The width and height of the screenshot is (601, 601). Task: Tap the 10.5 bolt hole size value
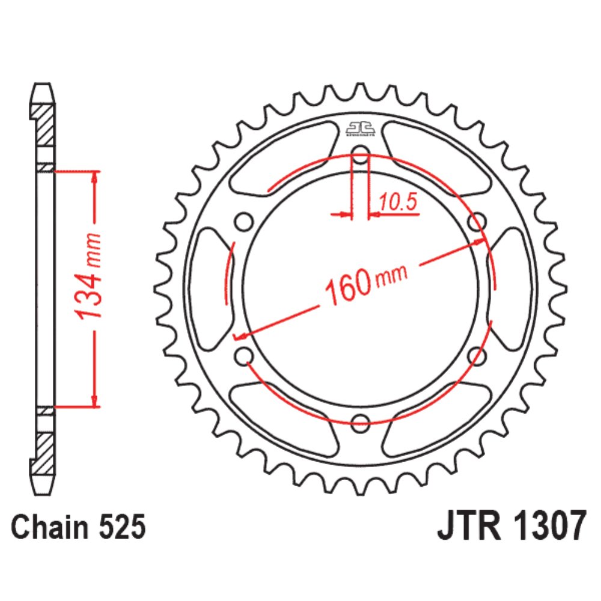398,203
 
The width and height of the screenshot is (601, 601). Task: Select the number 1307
549,529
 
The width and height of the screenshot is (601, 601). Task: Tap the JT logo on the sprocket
360,128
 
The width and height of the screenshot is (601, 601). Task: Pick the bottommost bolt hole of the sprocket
360,423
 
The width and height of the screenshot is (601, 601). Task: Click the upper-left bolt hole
244,222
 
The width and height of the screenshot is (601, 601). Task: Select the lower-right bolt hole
476,355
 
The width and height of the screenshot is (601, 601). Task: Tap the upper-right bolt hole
476,222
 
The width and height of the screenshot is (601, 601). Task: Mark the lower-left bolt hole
244,356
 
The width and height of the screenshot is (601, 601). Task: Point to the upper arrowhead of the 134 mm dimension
94,178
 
